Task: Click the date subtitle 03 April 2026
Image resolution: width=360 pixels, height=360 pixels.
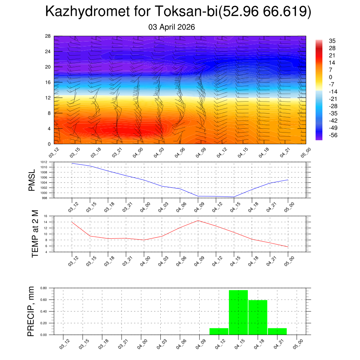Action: click(172, 27)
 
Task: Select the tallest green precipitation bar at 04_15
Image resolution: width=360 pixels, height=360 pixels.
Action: click(238, 312)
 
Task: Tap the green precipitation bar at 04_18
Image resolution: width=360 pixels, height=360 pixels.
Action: click(258, 317)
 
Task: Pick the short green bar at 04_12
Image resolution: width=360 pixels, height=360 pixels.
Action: click(219, 331)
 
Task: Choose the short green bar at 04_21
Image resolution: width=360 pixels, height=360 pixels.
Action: click(277, 331)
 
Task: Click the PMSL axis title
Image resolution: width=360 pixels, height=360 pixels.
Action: click(32, 180)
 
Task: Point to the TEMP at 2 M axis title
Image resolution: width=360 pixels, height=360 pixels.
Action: click(35, 234)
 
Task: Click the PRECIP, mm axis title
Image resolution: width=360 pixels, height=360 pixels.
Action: click(31, 311)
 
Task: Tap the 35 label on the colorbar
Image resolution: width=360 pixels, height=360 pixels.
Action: click(332, 41)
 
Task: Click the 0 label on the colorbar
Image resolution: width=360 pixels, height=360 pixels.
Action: click(330, 77)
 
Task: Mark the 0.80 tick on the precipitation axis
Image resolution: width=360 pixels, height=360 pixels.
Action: click(44, 288)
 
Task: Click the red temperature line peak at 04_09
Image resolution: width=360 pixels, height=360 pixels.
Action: click(198, 220)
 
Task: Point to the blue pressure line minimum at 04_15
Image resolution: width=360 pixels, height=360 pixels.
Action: click(234, 197)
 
